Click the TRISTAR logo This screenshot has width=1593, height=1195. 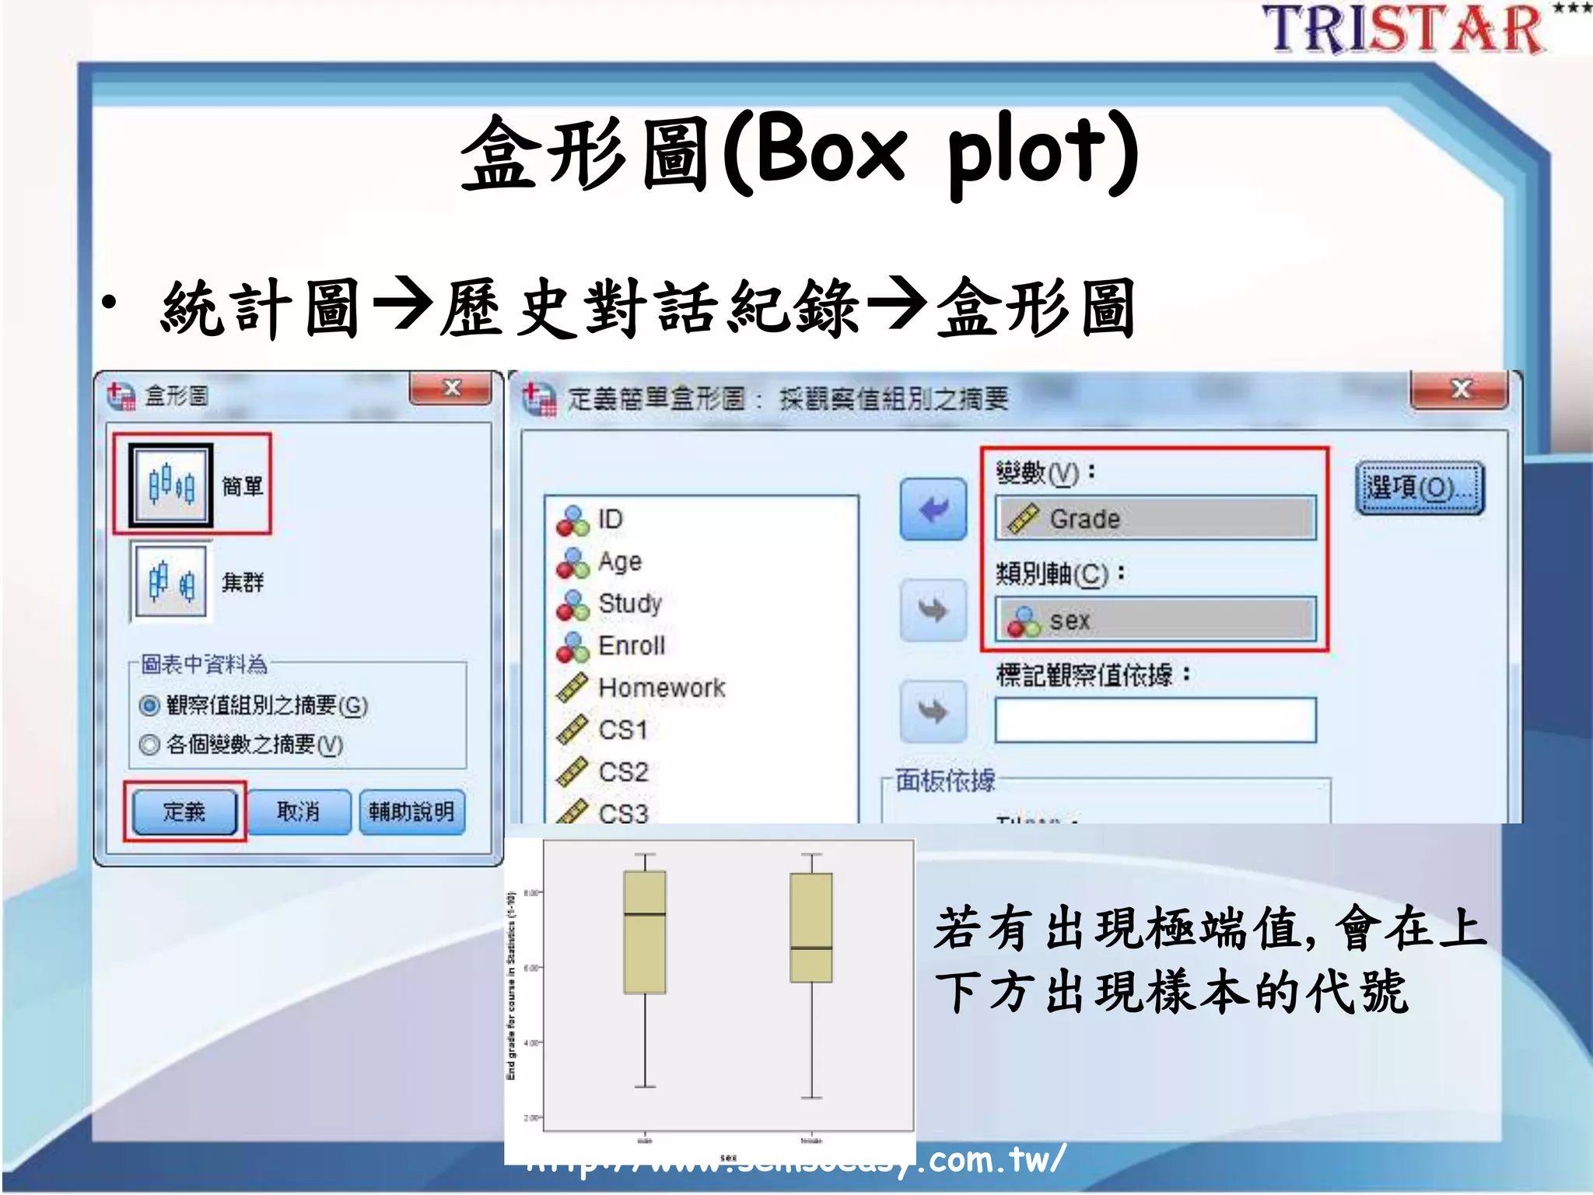[x=1405, y=30]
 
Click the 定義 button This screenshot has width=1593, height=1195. [x=184, y=812]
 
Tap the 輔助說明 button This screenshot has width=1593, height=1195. [x=411, y=812]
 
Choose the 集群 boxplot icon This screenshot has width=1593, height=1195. [x=170, y=581]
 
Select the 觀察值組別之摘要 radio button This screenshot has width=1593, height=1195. [x=149, y=706]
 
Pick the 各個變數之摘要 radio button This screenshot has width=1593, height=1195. [x=149, y=745]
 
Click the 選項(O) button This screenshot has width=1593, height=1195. [x=1420, y=489]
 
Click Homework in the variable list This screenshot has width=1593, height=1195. [x=661, y=688]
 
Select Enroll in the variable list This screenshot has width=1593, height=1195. [x=631, y=646]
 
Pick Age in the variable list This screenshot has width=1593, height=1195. [x=619, y=561]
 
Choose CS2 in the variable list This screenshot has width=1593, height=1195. [x=623, y=772]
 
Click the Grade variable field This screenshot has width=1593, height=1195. [x=1155, y=518]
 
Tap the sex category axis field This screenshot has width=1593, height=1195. [x=1155, y=620]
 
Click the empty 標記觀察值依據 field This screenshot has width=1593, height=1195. [x=1155, y=720]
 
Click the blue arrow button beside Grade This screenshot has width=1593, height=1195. [x=933, y=510]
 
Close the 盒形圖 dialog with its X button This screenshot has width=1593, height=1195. [x=451, y=388]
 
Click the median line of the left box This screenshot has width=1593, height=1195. [x=645, y=914]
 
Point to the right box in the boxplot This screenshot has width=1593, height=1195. [x=811, y=927]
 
